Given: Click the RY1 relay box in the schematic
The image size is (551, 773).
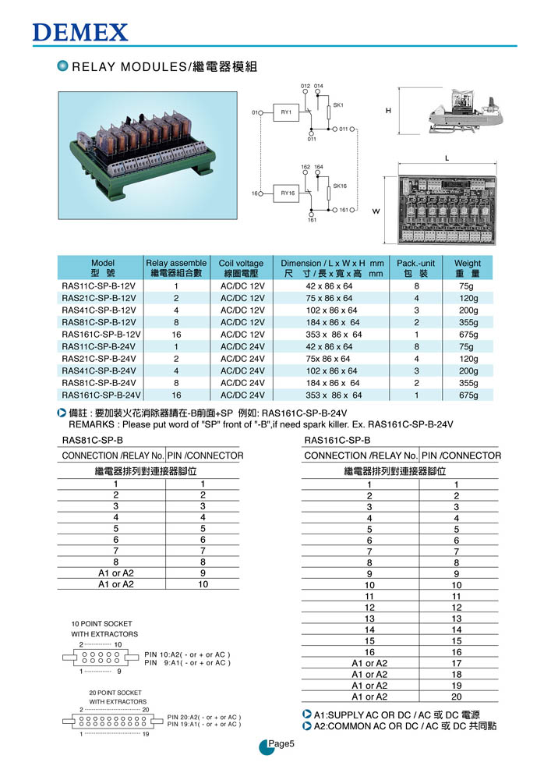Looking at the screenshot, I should (x=286, y=113).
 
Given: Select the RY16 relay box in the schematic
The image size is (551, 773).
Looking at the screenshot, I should (x=287, y=193).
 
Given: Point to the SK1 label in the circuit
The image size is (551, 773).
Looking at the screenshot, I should (x=338, y=105).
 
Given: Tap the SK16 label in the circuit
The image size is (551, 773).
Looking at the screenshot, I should (x=340, y=186).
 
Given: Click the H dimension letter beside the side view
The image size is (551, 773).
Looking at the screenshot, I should (x=387, y=112).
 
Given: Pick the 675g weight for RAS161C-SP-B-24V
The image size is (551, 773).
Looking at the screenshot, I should (x=468, y=395).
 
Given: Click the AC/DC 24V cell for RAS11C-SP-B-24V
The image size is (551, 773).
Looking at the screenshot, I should (x=243, y=347).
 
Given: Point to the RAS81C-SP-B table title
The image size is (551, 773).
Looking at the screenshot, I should (x=92, y=441).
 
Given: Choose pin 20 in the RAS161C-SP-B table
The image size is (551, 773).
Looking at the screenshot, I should (x=457, y=697).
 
